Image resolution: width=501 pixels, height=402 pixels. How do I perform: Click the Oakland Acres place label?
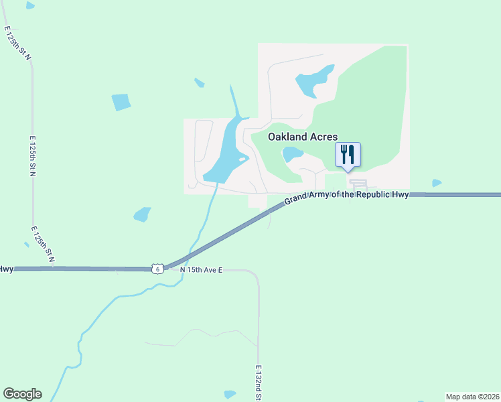click(303, 137)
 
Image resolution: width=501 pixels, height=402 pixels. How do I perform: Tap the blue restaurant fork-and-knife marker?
click(347, 155)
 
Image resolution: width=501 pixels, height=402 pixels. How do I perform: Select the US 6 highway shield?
click(157, 268)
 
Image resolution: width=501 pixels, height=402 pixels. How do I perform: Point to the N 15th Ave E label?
click(200, 270)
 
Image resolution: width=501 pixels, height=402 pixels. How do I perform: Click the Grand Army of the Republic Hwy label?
click(346, 196)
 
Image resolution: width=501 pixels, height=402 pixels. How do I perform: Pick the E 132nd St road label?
click(259, 383)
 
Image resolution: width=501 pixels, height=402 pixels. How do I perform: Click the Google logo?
click(22, 394)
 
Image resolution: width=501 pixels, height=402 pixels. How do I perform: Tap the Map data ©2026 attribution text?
click(472, 397)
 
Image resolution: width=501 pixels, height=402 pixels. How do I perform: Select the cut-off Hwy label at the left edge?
click(6, 269)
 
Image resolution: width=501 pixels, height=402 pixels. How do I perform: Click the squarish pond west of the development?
click(121, 102)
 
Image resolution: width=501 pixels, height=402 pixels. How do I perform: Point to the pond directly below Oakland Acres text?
click(292, 155)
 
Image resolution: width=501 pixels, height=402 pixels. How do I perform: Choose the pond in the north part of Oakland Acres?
click(314, 81)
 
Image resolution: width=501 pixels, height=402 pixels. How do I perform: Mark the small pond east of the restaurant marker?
click(437, 182)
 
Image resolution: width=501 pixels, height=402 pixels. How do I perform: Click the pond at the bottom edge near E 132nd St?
click(230, 394)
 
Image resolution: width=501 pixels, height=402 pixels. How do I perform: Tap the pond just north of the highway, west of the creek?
click(142, 214)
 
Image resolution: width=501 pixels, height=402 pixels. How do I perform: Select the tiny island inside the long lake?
click(241, 159)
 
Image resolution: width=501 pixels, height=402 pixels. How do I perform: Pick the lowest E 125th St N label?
click(42, 243)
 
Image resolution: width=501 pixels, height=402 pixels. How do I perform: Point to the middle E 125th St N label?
click(32, 155)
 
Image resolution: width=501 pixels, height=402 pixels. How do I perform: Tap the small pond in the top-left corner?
click(30, 5)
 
